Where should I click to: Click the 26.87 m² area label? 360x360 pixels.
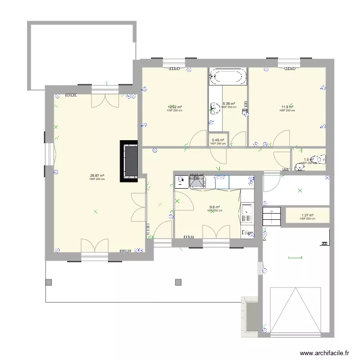coord(97,176)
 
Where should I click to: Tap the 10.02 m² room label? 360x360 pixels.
coord(175,107)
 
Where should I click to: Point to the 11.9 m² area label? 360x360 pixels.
coord(287,107)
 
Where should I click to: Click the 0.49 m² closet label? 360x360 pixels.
coord(218,140)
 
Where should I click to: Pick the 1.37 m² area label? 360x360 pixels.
coord(307,216)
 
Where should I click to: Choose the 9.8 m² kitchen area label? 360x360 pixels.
coord(215,207)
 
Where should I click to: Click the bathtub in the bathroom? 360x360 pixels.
coord(228,77)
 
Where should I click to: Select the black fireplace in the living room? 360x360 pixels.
coord(130,161)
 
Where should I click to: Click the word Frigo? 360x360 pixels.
coord(248,232)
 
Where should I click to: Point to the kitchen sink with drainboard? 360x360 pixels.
coord(247,214)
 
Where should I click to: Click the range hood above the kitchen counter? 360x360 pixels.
coord(198,182)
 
